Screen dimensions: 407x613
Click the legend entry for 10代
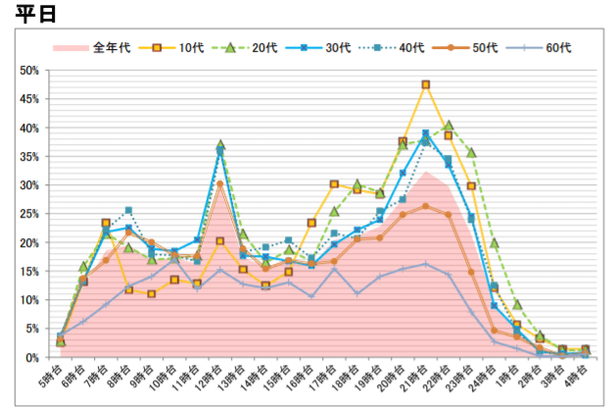(179, 47)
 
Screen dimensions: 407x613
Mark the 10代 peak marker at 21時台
(425, 85)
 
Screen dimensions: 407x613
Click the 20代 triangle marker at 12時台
(220, 144)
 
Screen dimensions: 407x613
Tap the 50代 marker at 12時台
(220, 183)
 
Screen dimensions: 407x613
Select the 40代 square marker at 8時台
(128, 210)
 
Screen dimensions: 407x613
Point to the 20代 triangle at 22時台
(448, 126)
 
